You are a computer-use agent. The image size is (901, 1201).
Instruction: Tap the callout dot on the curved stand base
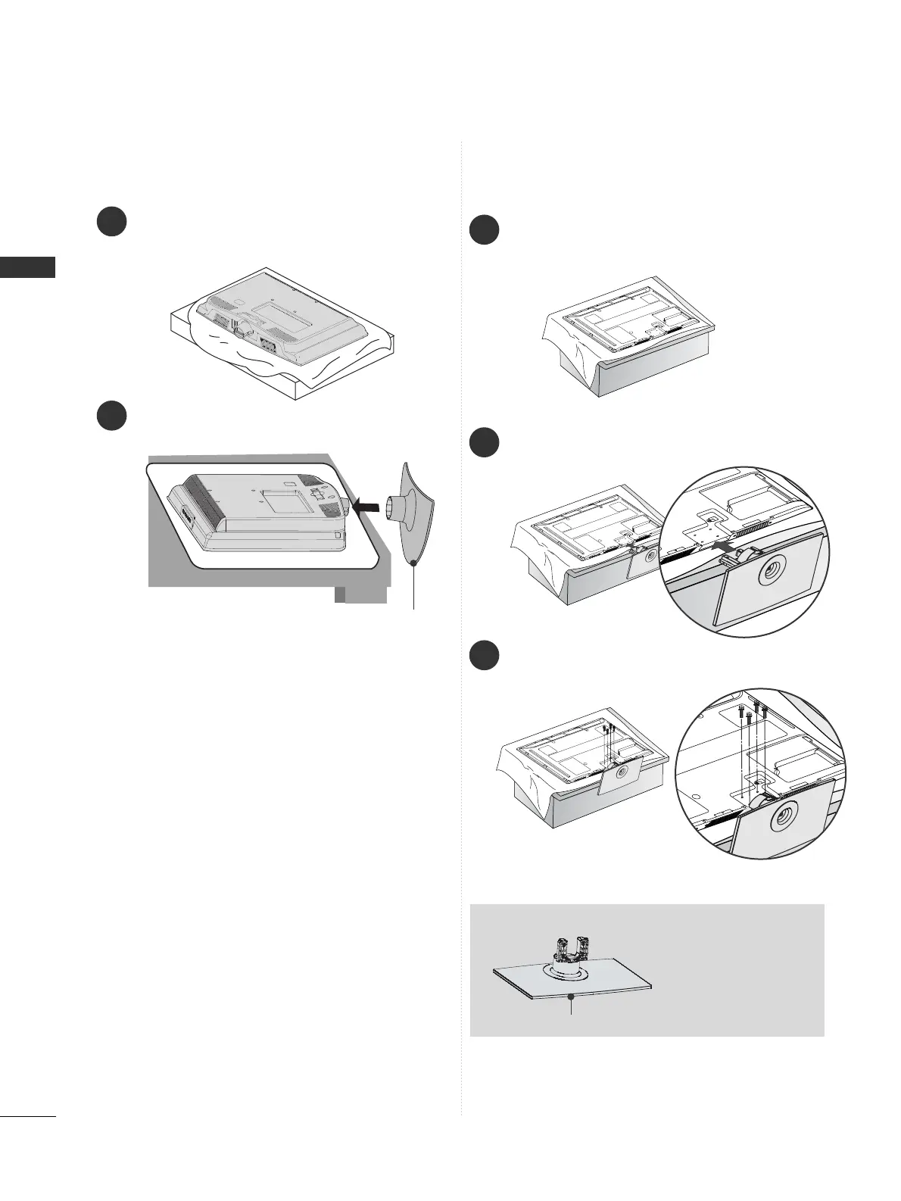pos(413,563)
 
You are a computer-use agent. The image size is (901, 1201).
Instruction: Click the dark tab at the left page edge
pos(27,267)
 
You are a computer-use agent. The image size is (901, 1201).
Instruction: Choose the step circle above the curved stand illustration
pos(111,416)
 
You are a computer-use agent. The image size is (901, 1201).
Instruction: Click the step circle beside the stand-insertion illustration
pos(483,442)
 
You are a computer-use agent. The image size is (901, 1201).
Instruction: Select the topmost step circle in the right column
pos(483,230)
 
